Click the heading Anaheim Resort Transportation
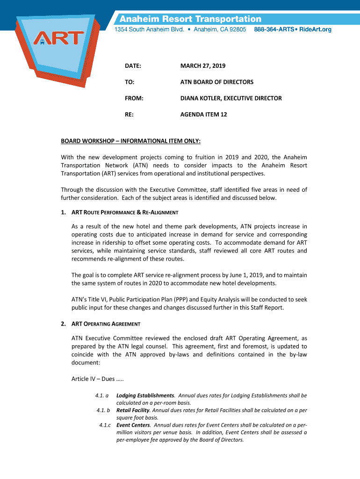(191, 19)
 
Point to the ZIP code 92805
(236, 29)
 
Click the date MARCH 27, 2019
(203, 66)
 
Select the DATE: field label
(133, 66)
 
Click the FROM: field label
(134, 98)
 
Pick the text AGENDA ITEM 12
(204, 114)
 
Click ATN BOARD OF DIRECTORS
(217, 82)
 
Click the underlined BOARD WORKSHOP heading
(131, 141)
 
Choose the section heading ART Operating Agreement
(106, 324)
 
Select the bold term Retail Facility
(133, 410)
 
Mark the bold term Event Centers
(133, 425)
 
